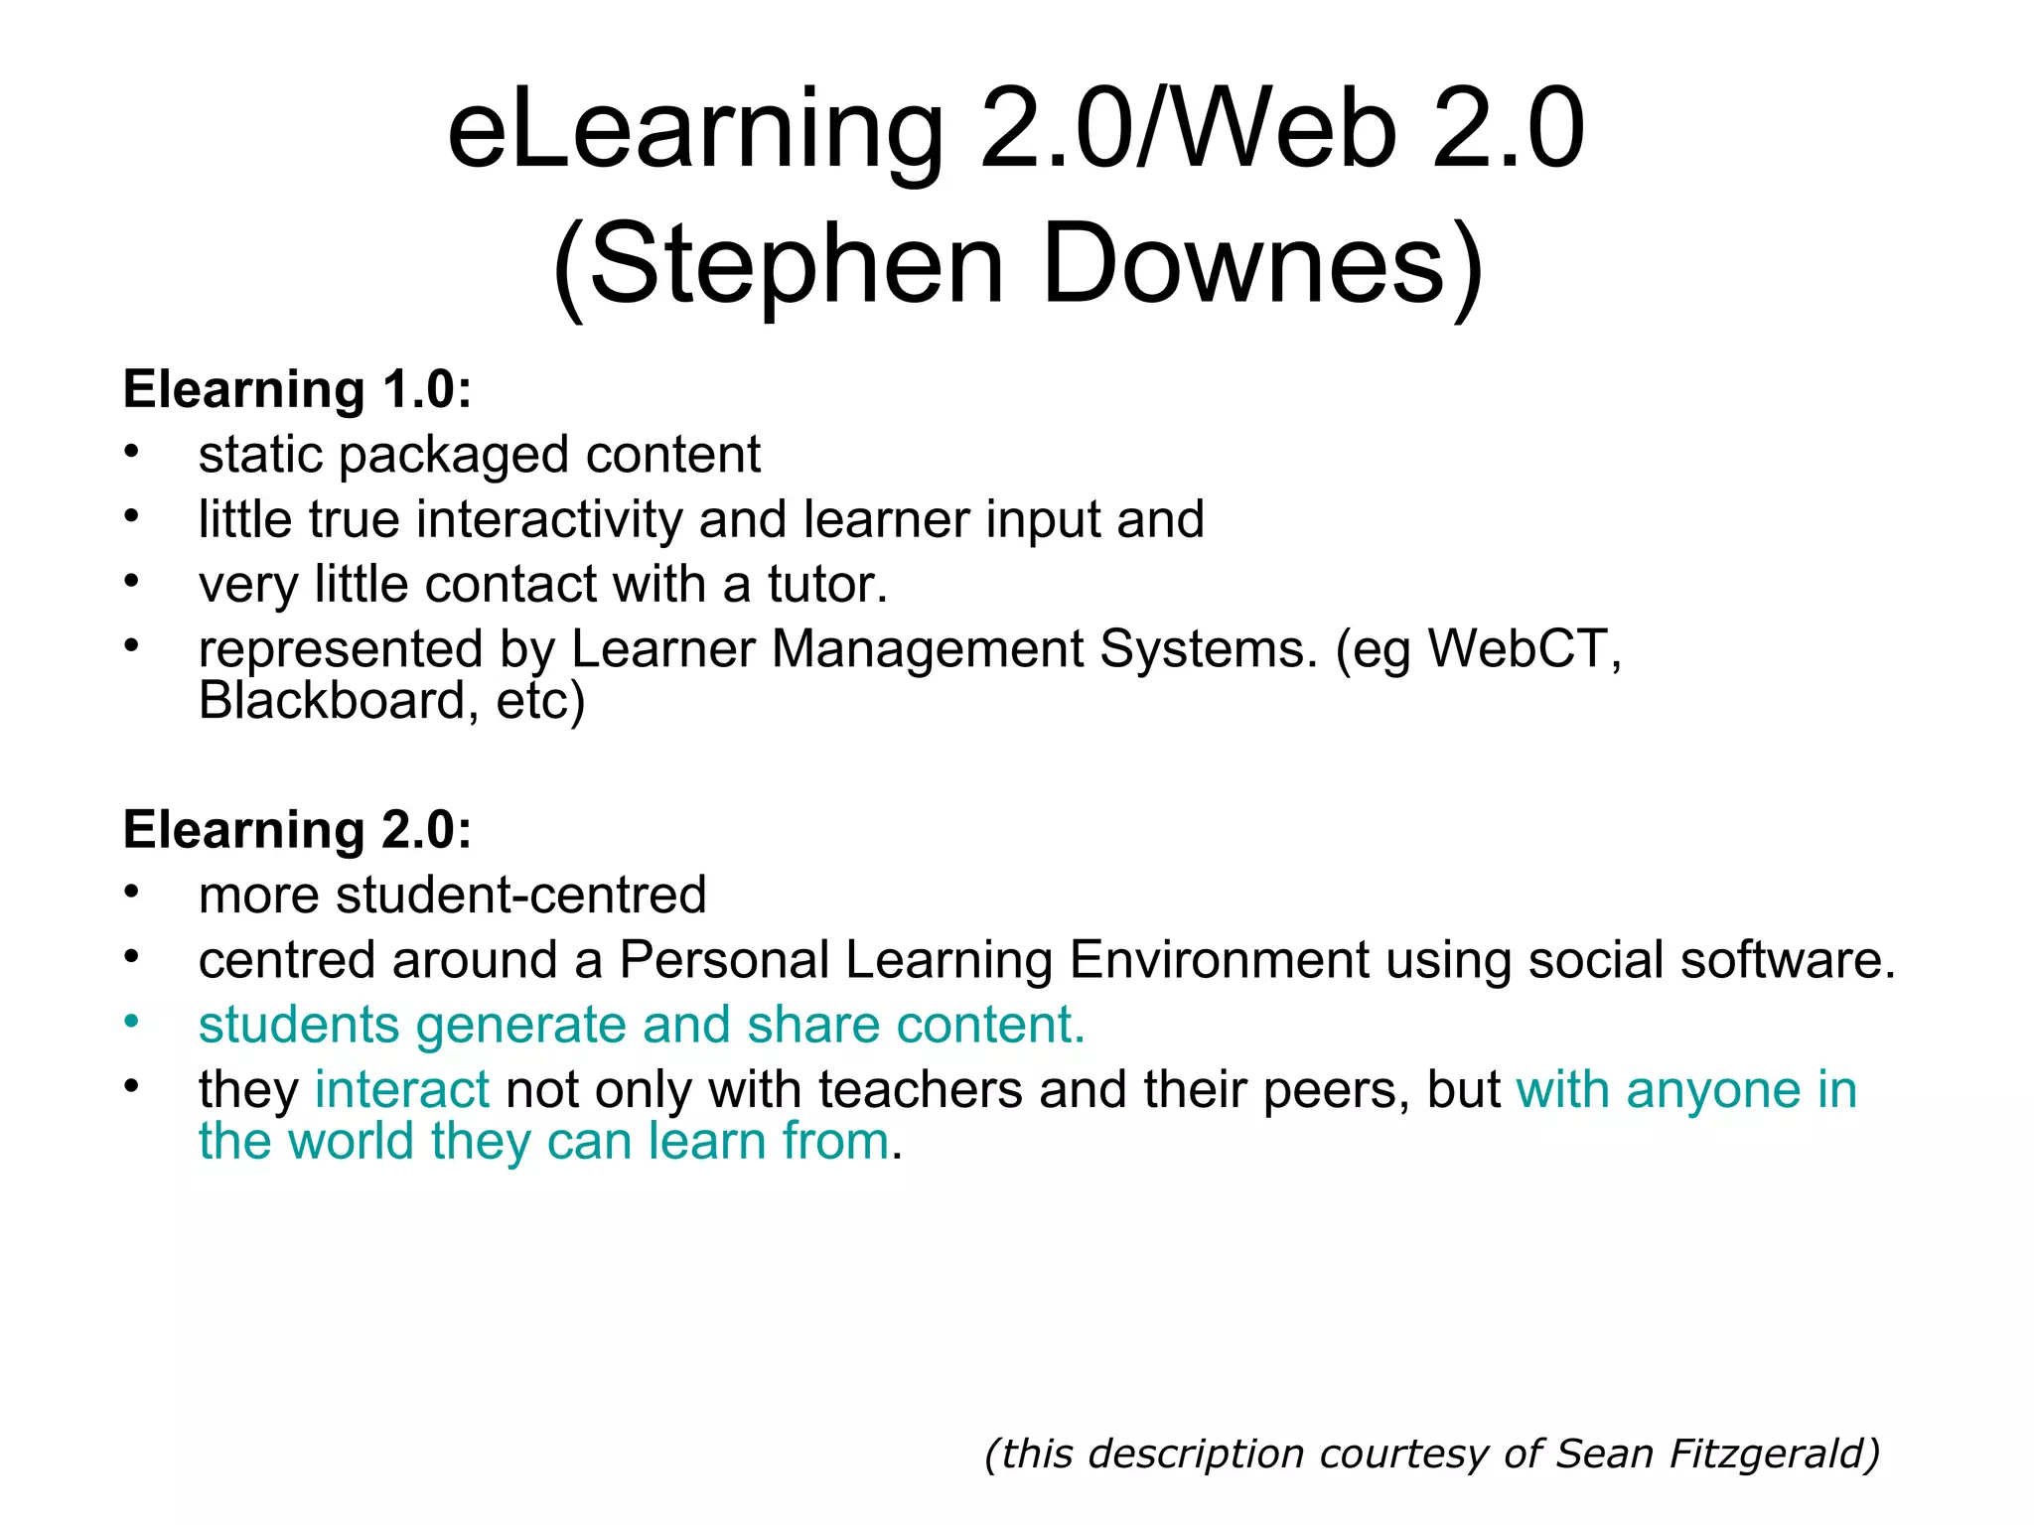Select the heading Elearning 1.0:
[x=297, y=389]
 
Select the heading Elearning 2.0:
[x=297, y=830]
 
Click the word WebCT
[x=1524, y=649]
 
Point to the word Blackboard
[x=332, y=701]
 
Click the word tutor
[x=827, y=585]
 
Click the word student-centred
[x=521, y=896]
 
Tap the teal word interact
[x=401, y=1090]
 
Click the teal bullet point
[x=131, y=1022]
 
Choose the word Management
[x=927, y=651]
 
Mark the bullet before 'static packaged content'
[x=131, y=452]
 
